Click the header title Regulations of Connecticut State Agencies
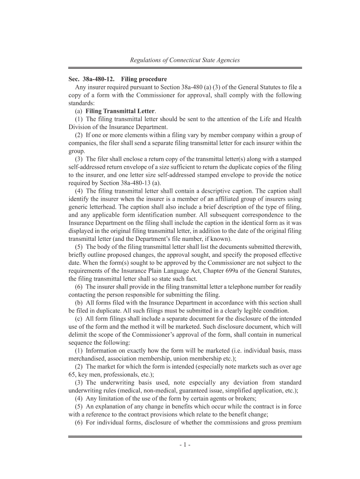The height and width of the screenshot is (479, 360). [x=184, y=60]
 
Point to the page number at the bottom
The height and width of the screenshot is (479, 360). [x=184, y=444]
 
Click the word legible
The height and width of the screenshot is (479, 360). [x=245, y=311]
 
